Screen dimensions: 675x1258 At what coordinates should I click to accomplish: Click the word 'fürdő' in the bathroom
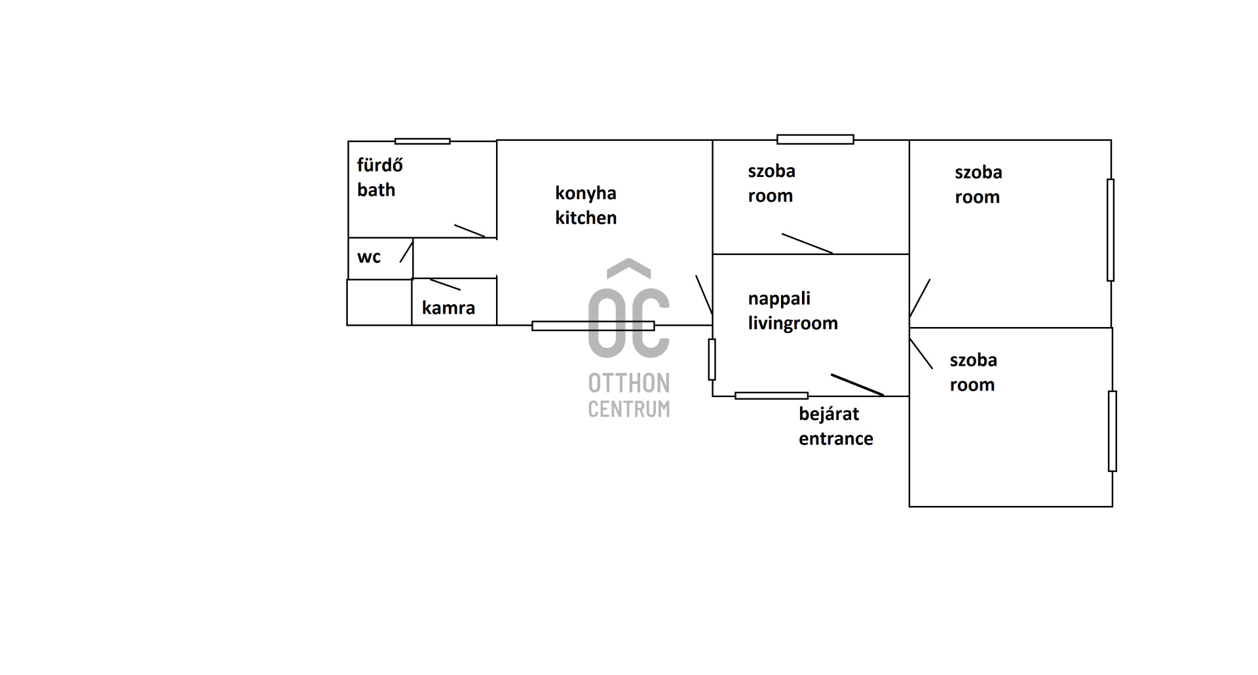pyautogui.click(x=379, y=164)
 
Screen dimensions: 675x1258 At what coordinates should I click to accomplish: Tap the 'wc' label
pyautogui.click(x=369, y=257)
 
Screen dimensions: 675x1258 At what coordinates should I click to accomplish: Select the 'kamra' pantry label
pyautogui.click(x=448, y=308)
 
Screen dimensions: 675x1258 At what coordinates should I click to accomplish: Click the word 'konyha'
pyautogui.click(x=585, y=193)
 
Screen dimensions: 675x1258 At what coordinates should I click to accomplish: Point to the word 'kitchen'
pyautogui.click(x=586, y=218)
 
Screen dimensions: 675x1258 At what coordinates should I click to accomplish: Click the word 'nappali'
pyautogui.click(x=779, y=299)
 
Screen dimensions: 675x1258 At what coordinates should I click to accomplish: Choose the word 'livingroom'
pyautogui.click(x=793, y=323)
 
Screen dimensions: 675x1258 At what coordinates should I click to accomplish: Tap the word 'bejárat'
pyautogui.click(x=829, y=414)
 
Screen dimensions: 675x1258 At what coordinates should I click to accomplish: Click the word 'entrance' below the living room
pyautogui.click(x=835, y=439)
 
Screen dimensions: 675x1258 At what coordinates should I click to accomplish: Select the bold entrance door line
pyautogui.click(x=857, y=385)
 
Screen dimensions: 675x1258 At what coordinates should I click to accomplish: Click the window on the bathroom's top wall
pyautogui.click(x=423, y=141)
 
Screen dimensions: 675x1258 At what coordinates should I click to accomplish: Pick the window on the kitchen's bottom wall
pyautogui.click(x=593, y=326)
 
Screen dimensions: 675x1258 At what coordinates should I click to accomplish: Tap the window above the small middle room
pyautogui.click(x=815, y=139)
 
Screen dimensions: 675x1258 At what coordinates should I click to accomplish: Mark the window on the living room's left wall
pyautogui.click(x=712, y=359)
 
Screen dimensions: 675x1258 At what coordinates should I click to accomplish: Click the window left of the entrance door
pyautogui.click(x=771, y=396)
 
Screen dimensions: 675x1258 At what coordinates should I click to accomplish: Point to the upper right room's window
pyautogui.click(x=1111, y=230)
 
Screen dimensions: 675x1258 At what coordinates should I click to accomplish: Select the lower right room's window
pyautogui.click(x=1112, y=431)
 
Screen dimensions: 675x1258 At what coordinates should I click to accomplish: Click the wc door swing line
pyautogui.click(x=406, y=252)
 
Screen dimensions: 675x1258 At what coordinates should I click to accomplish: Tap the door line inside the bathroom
pyautogui.click(x=469, y=231)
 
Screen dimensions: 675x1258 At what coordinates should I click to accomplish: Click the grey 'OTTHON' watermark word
pyautogui.click(x=628, y=383)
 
